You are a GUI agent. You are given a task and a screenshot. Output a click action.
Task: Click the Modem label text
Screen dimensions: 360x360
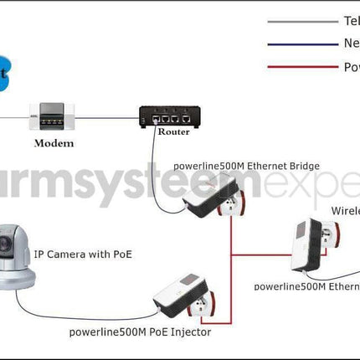[x=54, y=143]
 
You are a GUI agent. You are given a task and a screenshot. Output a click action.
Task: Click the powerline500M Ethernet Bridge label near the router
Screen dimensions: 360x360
[x=246, y=166]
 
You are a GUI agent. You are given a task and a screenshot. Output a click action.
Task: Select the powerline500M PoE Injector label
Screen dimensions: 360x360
[x=140, y=332]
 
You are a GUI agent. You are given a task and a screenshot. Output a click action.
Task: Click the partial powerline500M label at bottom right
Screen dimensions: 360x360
[x=306, y=285]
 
